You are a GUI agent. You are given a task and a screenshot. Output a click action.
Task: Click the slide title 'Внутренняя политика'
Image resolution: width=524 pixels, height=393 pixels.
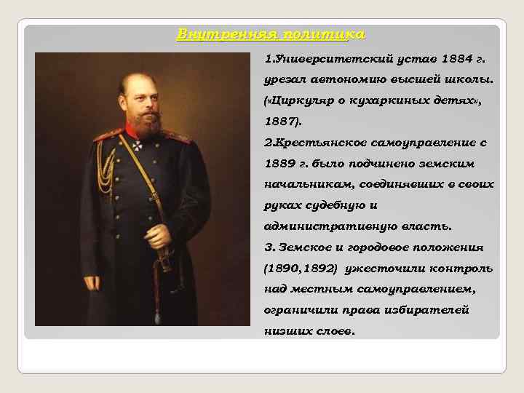271,34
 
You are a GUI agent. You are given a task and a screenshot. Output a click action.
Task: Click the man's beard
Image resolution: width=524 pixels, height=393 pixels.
146,125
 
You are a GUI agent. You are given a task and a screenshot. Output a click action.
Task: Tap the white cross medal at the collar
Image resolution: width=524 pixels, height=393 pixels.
137,145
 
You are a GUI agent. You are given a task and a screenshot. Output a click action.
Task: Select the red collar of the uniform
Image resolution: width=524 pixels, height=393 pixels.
131,131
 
